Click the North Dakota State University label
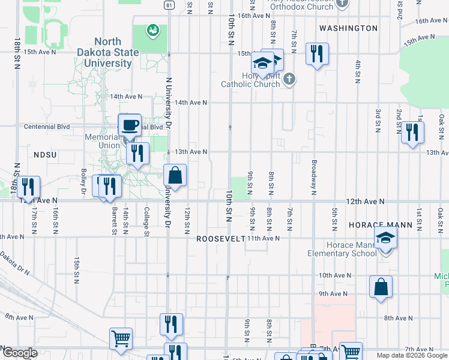[117, 52]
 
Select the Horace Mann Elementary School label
[351, 249]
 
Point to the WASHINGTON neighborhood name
[348, 28]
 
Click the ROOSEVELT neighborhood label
[221, 239]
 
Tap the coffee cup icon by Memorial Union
[130, 125]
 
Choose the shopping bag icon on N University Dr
[175, 176]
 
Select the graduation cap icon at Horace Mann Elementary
[385, 238]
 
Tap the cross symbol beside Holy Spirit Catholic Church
[289, 79]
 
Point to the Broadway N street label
[313, 178]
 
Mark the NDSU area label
[44, 154]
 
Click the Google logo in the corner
[19, 353]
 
